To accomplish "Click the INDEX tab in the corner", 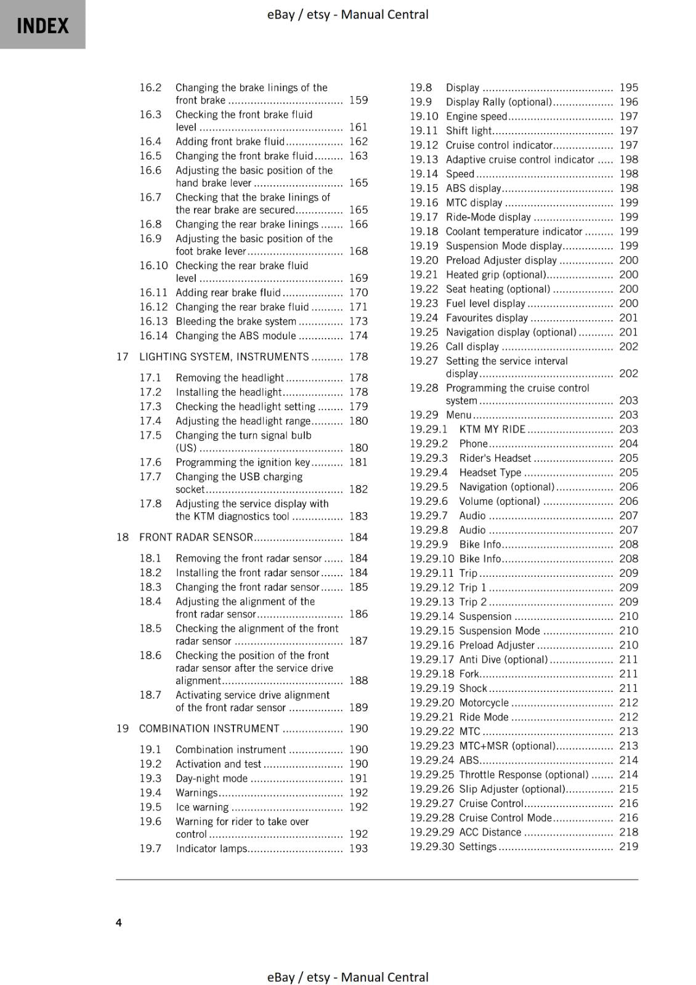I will pos(42,25).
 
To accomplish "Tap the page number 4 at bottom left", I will pos(119,922).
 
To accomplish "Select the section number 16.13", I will pos(153,321).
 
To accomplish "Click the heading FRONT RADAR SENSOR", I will pos(196,537).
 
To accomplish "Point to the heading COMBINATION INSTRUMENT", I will pos(209,728).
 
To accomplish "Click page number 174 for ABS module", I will pos(358,336).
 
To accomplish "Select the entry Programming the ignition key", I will pos(243,462).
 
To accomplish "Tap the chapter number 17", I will pos(122,356).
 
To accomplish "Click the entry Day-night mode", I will pos(211,778).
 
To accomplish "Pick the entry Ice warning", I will pos(202,807).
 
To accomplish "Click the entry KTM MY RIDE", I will pos(492,429).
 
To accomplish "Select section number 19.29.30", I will pos(431,846).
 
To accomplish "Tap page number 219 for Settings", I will pos(628,846).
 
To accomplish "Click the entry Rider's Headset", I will pos(495,458).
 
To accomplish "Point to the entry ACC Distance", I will pos(490,832).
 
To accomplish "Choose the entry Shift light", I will pos(468,131).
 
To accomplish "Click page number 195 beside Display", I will pos(628,87).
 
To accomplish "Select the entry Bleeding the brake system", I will pos(235,321).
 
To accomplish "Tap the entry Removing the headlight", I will pos(229,378).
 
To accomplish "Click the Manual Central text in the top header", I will pos(384,14).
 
